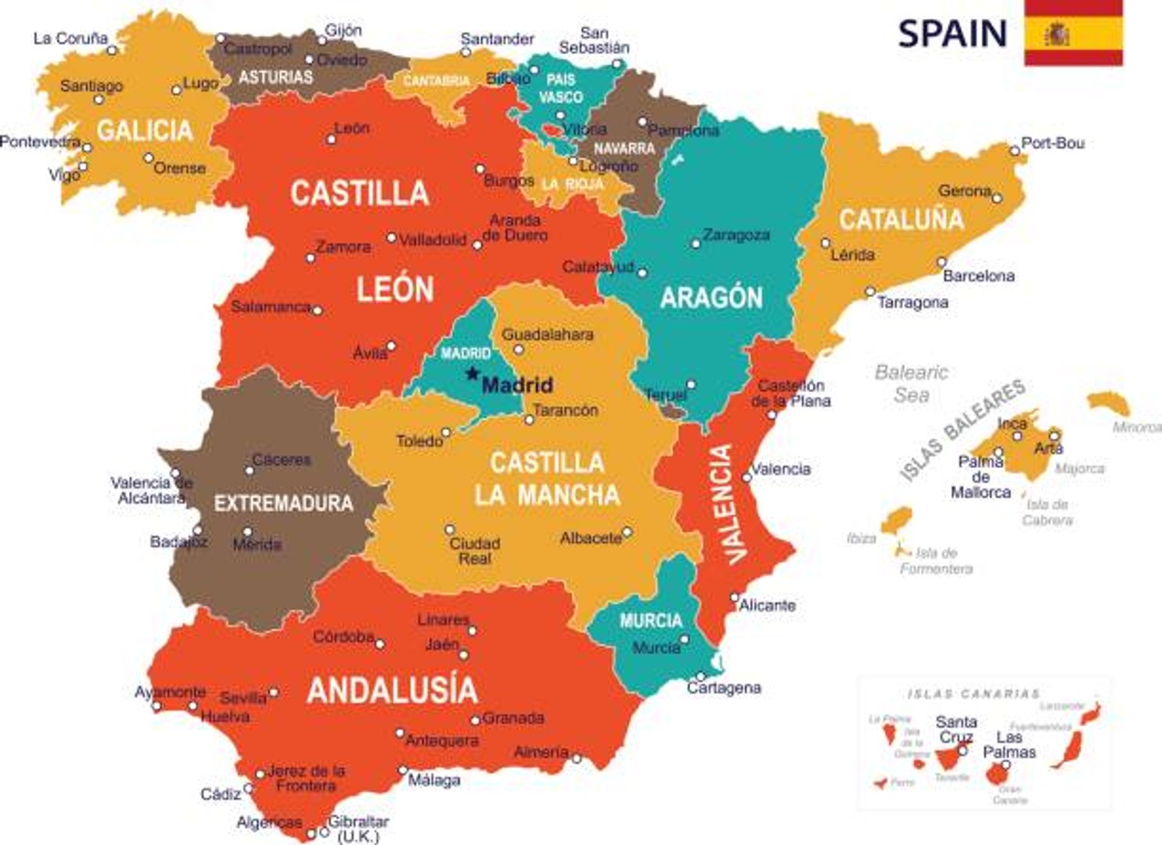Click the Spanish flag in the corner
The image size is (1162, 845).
pyautogui.click(x=1074, y=33)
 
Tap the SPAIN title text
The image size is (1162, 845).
pyautogui.click(x=952, y=34)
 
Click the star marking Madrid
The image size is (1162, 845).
pyautogui.click(x=472, y=374)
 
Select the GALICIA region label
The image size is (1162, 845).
pyautogui.click(x=145, y=130)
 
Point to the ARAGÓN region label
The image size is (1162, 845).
pyautogui.click(x=711, y=297)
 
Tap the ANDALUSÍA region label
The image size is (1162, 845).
pyautogui.click(x=392, y=690)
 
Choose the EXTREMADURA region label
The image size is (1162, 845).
pyautogui.click(x=283, y=503)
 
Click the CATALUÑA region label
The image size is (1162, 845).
pyautogui.click(x=901, y=220)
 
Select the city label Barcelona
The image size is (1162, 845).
pyautogui.click(x=978, y=276)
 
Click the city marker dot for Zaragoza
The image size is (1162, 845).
pyautogui.click(x=695, y=244)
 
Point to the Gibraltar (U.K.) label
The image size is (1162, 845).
pyautogui.click(x=358, y=829)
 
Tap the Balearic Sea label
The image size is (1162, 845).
pyautogui.click(x=912, y=383)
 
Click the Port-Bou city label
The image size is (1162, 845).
pyautogui.click(x=1052, y=143)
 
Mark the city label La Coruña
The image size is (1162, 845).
pyautogui.click(x=70, y=38)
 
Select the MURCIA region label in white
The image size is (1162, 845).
pyautogui.click(x=650, y=620)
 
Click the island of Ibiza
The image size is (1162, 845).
pyautogui.click(x=897, y=520)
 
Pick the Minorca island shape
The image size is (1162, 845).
pyautogui.click(x=1110, y=403)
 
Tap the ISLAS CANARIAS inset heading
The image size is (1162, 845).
pyautogui.click(x=973, y=694)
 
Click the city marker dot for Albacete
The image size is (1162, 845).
pyautogui.click(x=627, y=532)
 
